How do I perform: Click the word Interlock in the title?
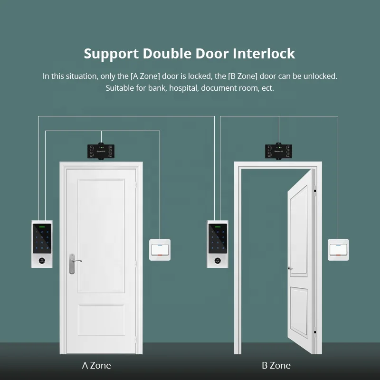click(x=264, y=53)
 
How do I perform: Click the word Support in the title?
click(x=111, y=54)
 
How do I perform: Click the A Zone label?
click(x=96, y=365)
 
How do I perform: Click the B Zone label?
click(x=276, y=365)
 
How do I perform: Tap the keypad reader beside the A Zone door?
click(x=42, y=244)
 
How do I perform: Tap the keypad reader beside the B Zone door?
click(x=218, y=244)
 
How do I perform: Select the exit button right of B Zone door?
click(x=338, y=249)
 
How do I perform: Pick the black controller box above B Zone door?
click(x=278, y=151)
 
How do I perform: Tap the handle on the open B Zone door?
click(x=290, y=268)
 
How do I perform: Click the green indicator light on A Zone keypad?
click(x=42, y=227)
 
